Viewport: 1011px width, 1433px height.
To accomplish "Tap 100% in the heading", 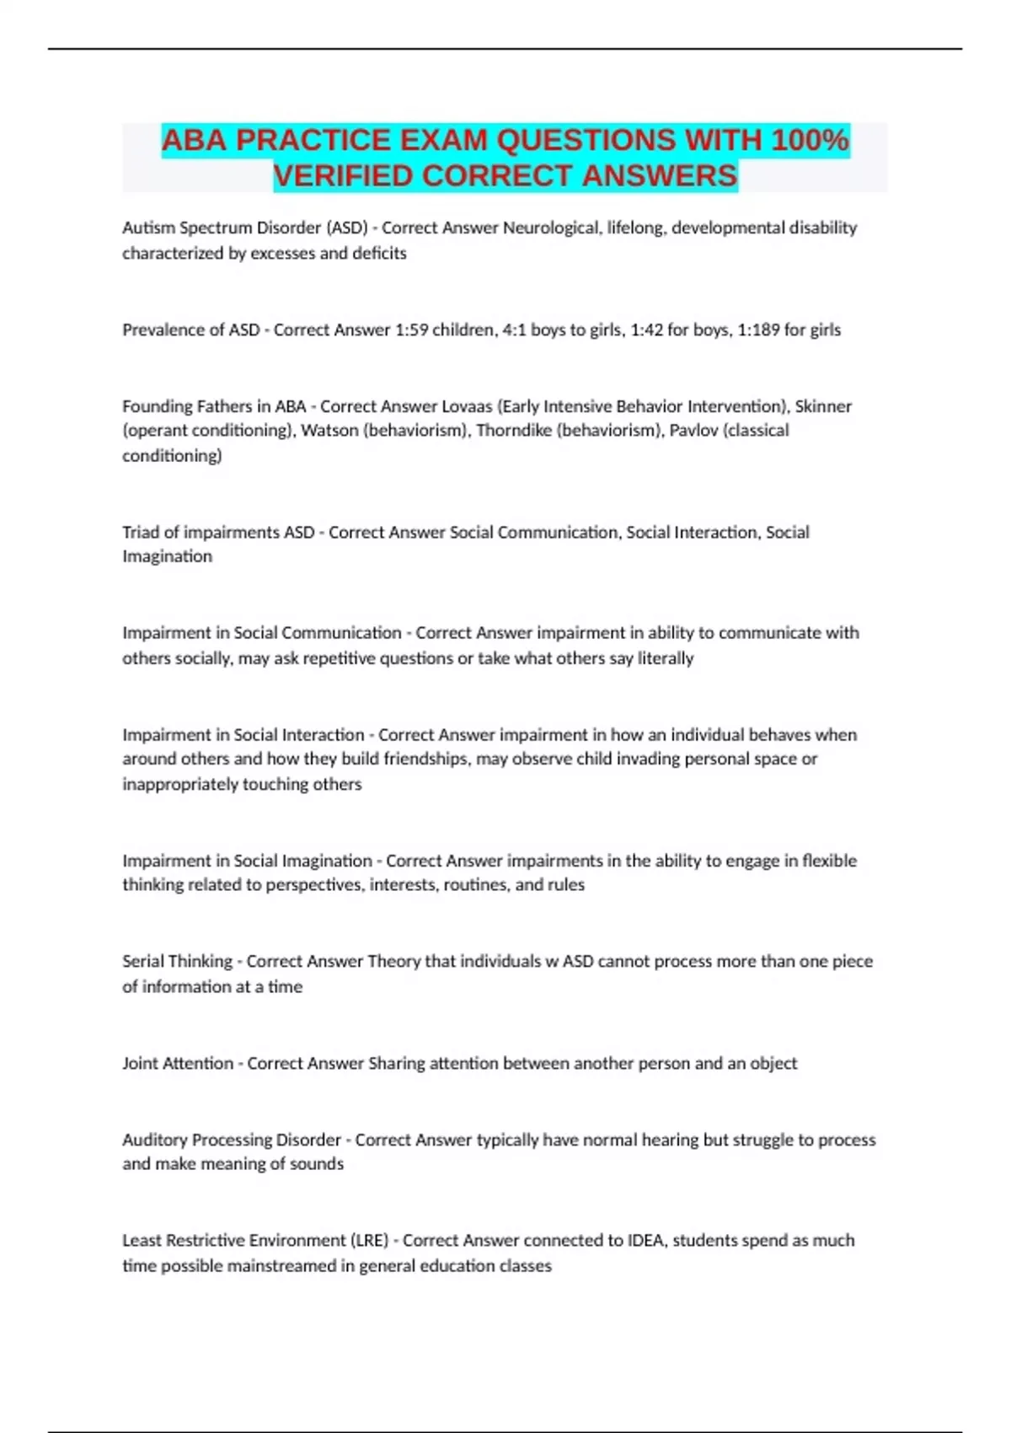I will click(x=810, y=140).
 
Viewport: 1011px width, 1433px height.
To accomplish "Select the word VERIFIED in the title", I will click(x=343, y=176).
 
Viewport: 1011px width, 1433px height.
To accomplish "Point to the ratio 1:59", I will click(x=411, y=330).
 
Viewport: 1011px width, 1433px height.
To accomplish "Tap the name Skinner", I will click(x=823, y=406).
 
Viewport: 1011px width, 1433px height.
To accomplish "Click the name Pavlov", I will click(x=693, y=431).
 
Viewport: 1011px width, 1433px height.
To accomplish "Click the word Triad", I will click(x=141, y=533).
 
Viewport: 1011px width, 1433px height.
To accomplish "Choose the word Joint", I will click(x=140, y=1064).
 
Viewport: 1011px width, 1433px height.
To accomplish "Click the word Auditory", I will click(x=154, y=1140).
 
